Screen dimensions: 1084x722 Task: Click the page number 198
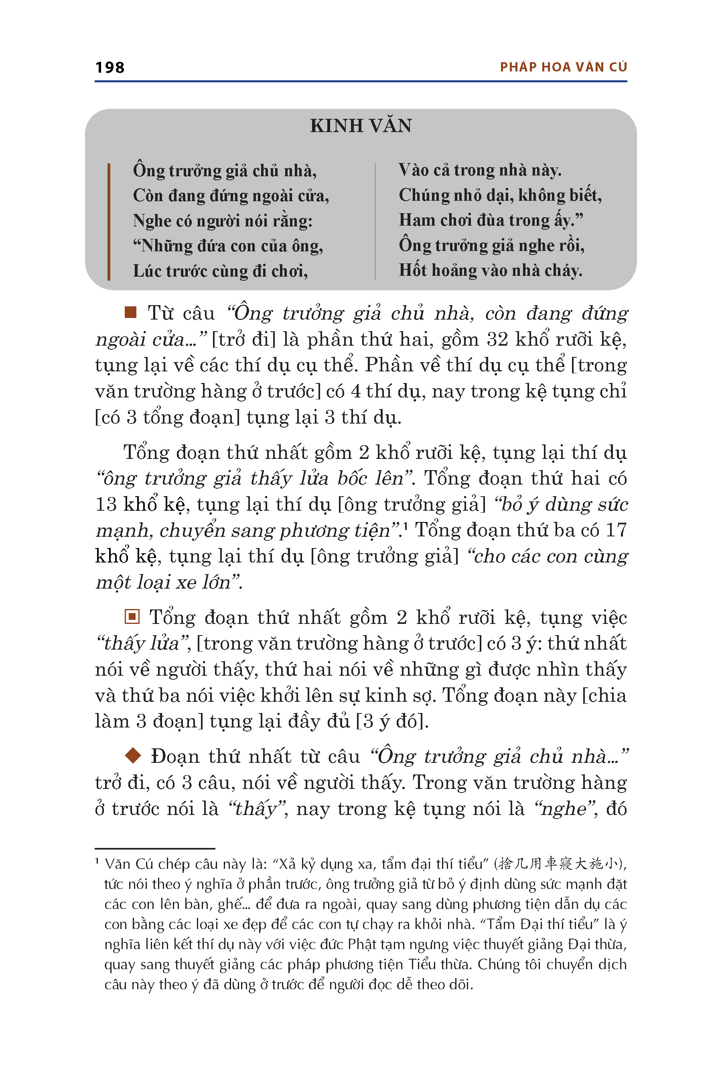pyautogui.click(x=110, y=67)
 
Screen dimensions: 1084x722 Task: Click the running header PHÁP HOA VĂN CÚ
pyautogui.click(x=563, y=67)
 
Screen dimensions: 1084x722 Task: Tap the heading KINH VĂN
pyautogui.click(x=361, y=126)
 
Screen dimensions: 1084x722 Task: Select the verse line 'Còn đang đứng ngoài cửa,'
pyautogui.click(x=231, y=196)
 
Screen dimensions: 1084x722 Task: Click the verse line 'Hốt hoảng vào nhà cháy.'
pyautogui.click(x=491, y=271)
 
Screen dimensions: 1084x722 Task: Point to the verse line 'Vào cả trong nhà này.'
pyautogui.click(x=480, y=171)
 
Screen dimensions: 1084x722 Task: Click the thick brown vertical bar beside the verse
pyautogui.click(x=109, y=221)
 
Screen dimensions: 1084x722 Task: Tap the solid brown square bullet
pyautogui.click(x=131, y=312)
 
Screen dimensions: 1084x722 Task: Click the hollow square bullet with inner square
pyautogui.click(x=132, y=616)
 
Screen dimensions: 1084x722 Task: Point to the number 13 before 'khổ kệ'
pyautogui.click(x=106, y=504)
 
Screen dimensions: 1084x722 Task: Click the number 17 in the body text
pyautogui.click(x=616, y=530)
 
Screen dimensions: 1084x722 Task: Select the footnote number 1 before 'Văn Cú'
pyautogui.click(x=97, y=861)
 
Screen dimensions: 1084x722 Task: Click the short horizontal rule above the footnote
pyautogui.click(x=155, y=848)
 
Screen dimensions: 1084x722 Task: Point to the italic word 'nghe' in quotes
pyautogui.click(x=564, y=809)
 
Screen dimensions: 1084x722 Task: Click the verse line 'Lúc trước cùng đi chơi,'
pyautogui.click(x=220, y=271)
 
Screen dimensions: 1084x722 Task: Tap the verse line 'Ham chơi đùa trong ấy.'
pyautogui.click(x=491, y=221)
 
